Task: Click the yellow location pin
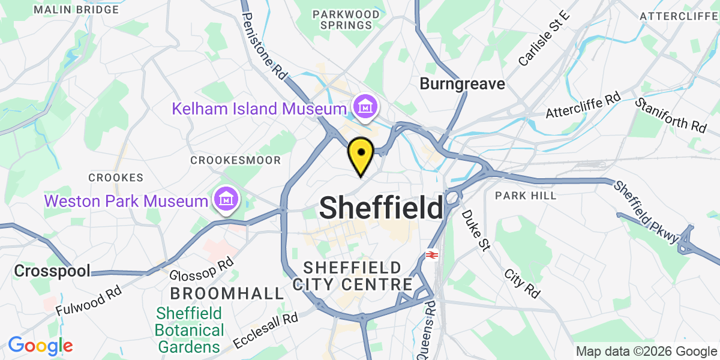[361, 154]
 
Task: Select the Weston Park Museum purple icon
[226, 199]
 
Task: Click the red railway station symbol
[431, 255]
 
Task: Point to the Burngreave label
[462, 84]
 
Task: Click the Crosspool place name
[53, 271]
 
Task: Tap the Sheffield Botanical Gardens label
[190, 330]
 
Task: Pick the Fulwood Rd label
[89, 301]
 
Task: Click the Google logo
[40, 346]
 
